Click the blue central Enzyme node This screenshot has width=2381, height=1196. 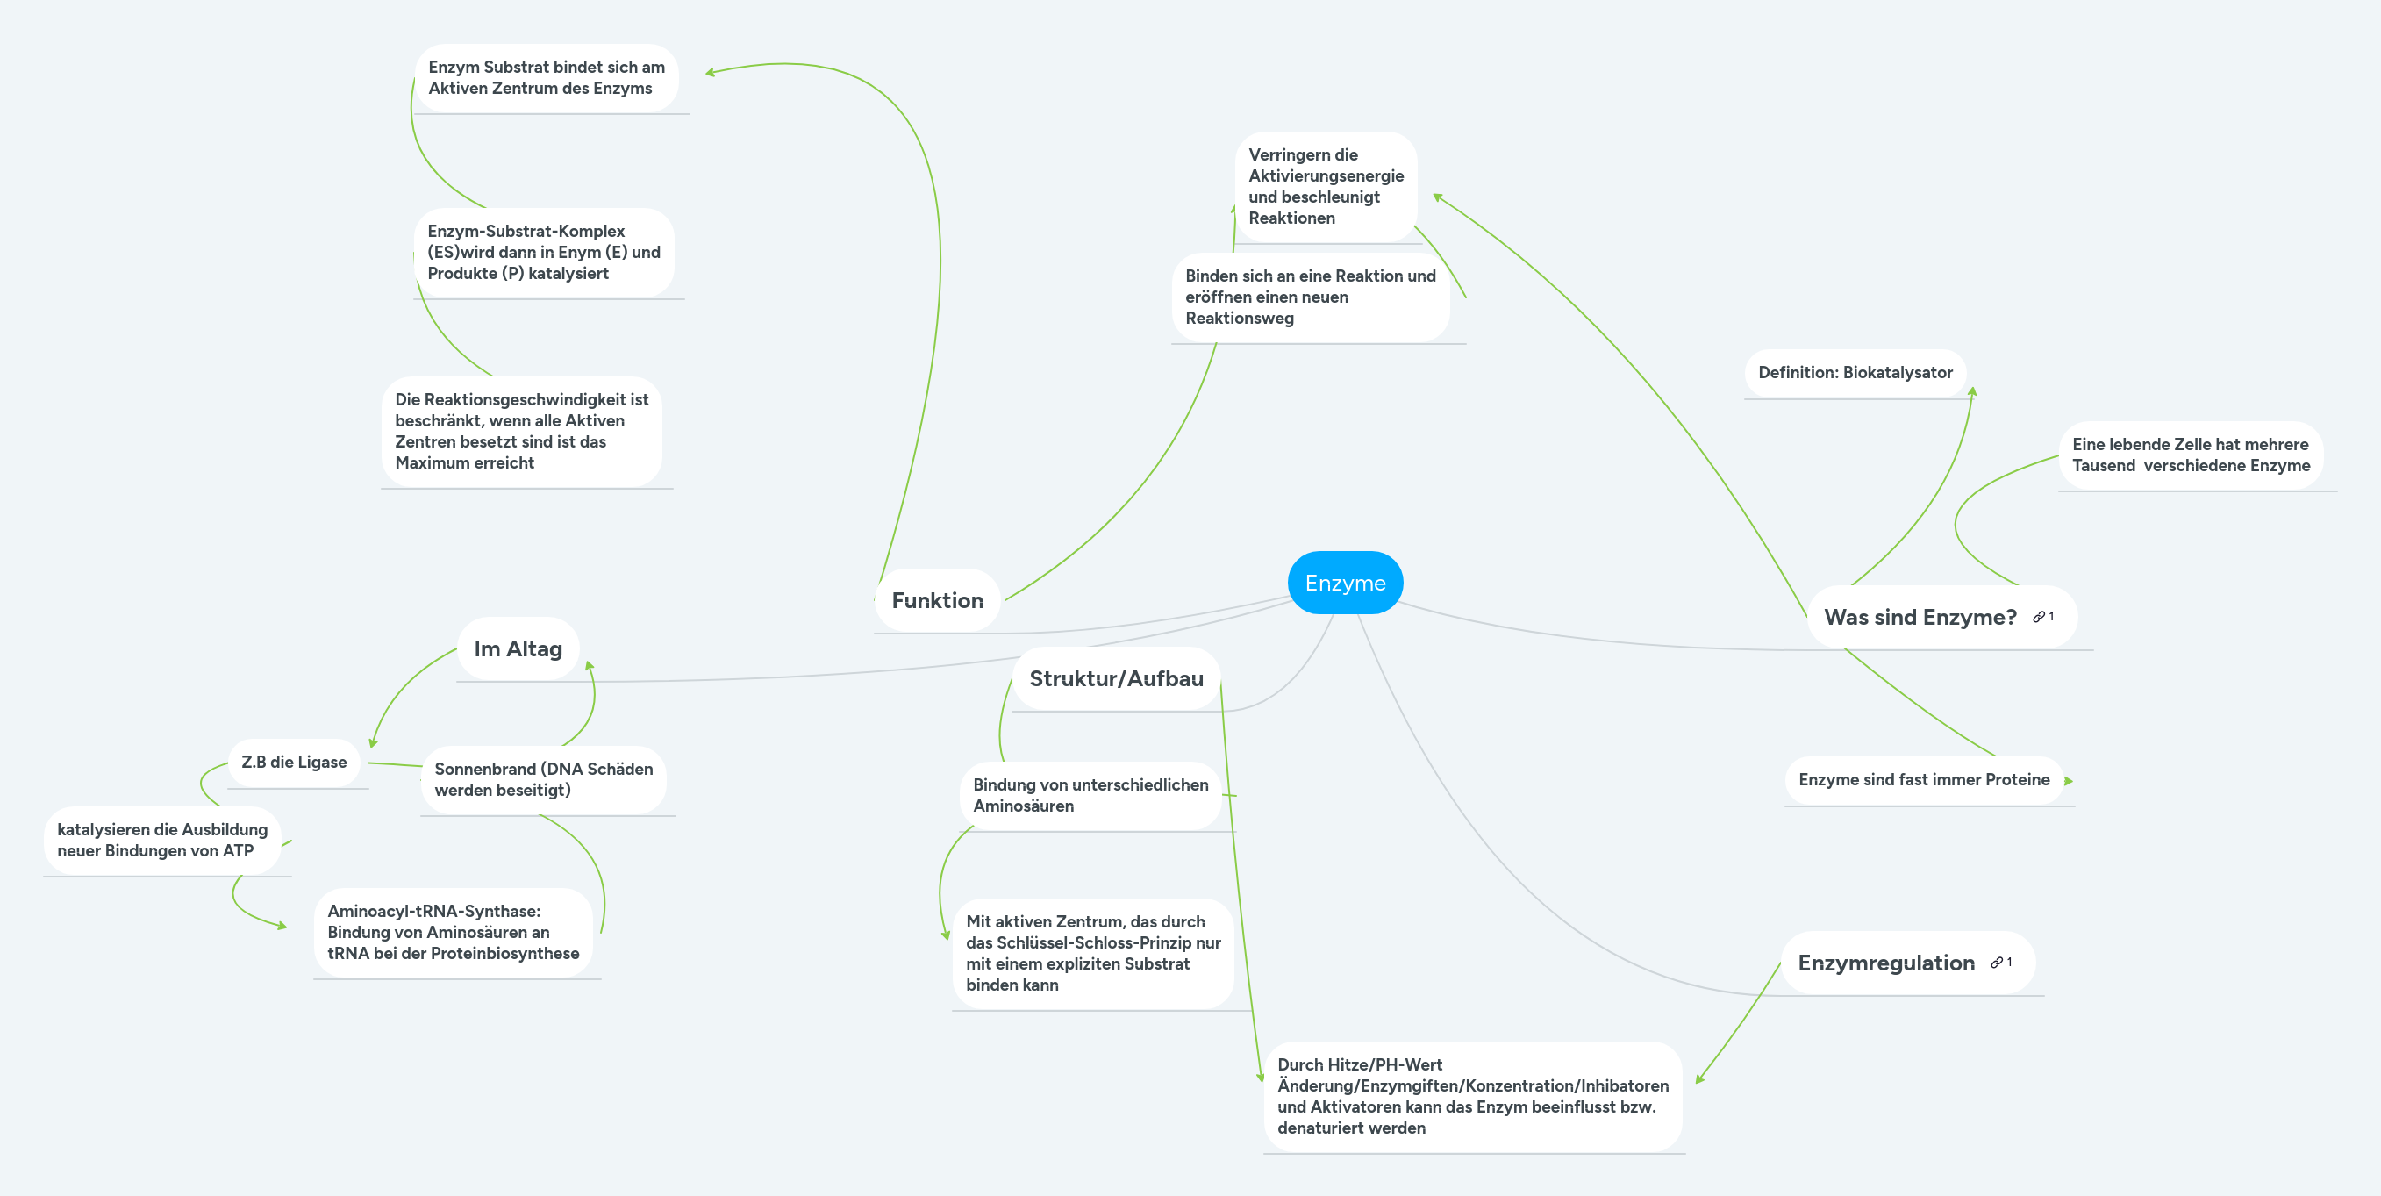tap(1345, 584)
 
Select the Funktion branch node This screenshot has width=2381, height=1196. tap(937, 601)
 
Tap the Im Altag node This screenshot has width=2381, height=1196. tap(518, 648)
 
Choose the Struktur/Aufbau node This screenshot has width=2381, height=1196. tap(1116, 678)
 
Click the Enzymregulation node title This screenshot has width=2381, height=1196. tap(1885, 963)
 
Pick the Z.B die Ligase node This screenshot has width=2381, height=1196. tap(294, 763)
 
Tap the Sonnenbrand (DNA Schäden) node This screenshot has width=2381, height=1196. tap(544, 779)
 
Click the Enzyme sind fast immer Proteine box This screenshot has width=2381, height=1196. tap(1923, 779)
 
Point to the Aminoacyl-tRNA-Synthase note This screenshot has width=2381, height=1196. tap(453, 932)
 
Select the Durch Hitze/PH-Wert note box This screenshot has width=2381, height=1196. tap(1471, 1096)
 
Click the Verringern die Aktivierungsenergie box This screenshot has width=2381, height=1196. tap(1326, 187)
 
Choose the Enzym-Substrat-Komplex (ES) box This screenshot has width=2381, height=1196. tap(544, 253)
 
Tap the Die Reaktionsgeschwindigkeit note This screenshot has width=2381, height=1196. tap(521, 431)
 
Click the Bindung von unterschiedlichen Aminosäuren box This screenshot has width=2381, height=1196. tap(1090, 795)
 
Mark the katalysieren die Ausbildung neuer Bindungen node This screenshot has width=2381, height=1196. tap(161, 840)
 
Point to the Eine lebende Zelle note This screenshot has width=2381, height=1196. tap(2190, 455)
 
